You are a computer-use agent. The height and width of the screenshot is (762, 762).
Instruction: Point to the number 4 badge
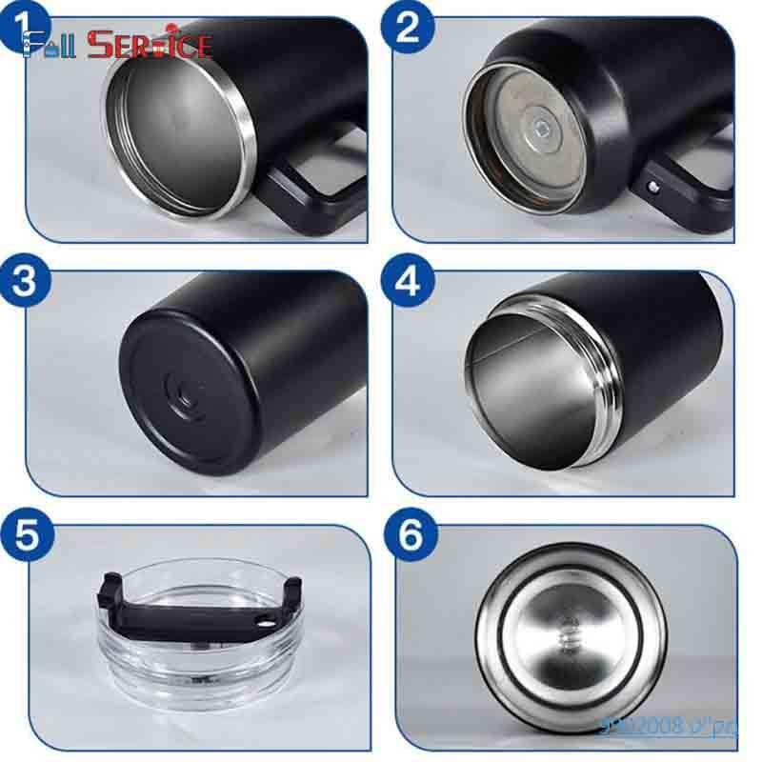[408, 283]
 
